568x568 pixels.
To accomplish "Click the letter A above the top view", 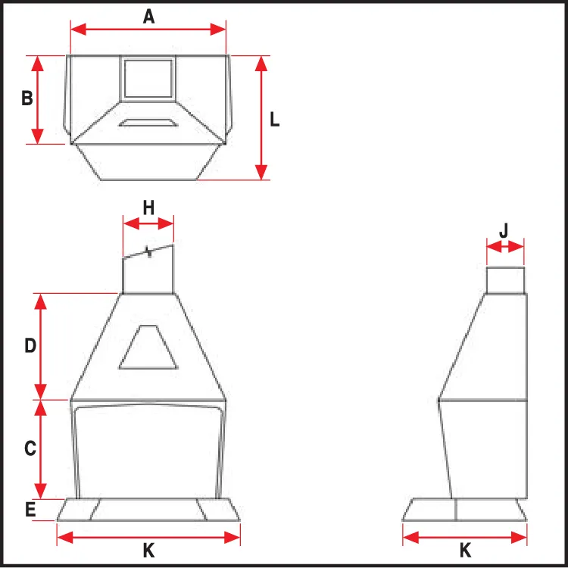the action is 148,17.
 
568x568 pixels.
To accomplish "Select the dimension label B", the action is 27,98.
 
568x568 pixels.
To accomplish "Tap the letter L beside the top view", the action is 275,120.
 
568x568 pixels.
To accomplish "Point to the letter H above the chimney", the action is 148,208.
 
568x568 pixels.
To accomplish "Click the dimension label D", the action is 30,345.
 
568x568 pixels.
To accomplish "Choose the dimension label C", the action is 30,448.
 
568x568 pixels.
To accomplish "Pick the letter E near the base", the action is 30,510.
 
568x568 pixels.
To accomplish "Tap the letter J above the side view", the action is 504,230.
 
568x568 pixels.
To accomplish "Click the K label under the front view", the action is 148,551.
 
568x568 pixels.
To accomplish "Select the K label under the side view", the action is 465,551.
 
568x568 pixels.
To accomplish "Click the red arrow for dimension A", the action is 148,30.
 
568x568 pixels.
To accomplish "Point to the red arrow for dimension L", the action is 261,117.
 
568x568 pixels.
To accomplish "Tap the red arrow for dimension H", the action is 148,223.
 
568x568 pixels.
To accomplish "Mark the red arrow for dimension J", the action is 505,248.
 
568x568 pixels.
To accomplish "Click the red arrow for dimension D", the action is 41,346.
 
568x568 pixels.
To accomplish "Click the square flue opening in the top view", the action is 148,79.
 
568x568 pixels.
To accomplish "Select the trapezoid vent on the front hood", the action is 148,347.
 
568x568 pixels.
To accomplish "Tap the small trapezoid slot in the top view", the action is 148,123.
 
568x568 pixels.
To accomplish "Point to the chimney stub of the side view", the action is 505,280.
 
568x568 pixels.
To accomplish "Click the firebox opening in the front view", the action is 148,452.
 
